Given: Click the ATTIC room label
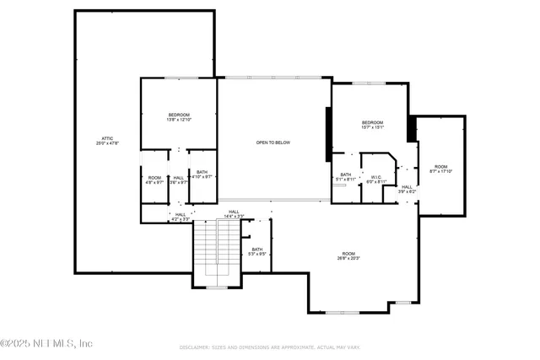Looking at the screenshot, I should point(107,137).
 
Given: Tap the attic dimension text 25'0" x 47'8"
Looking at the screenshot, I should point(107,143).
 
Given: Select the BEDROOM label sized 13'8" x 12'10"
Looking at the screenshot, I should point(179,115).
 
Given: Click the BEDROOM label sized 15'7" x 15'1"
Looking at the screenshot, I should point(373,122).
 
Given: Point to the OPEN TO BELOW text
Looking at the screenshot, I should point(273,142).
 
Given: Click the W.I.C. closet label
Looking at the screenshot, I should point(376,177).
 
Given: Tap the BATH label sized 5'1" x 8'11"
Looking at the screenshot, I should point(346,175).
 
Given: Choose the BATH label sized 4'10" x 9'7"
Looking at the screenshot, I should point(202,172).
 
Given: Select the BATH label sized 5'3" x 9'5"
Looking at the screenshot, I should point(257,249).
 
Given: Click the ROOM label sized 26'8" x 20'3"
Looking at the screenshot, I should point(348,253).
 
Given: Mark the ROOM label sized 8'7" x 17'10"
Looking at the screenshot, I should point(441,167).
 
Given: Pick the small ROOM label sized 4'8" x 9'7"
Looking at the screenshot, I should point(154,177).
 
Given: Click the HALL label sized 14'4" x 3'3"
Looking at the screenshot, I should point(234,212).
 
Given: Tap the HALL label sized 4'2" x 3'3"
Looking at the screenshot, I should point(181,214).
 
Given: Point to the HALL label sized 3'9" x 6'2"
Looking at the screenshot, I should point(408,187).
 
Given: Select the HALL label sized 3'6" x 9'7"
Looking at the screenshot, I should point(178,177).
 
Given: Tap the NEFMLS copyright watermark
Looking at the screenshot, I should point(46,343).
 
